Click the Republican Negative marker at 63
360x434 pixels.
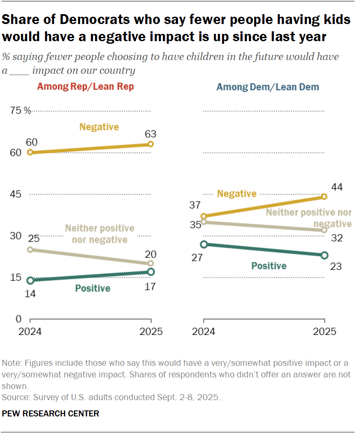(151, 144)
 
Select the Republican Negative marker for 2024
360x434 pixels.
(30, 152)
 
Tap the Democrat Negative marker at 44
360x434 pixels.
(324, 196)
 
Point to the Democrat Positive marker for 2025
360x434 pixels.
(324, 255)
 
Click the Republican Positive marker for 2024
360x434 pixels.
(30, 280)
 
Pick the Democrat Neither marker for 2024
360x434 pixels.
(204, 222)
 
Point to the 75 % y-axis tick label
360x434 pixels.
(21, 111)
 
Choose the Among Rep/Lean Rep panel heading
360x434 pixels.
(85, 87)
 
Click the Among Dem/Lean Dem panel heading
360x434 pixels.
(268, 87)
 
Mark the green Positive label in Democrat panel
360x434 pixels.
(269, 266)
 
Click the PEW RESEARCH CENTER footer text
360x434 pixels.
(51, 414)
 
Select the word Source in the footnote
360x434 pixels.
(13, 398)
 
